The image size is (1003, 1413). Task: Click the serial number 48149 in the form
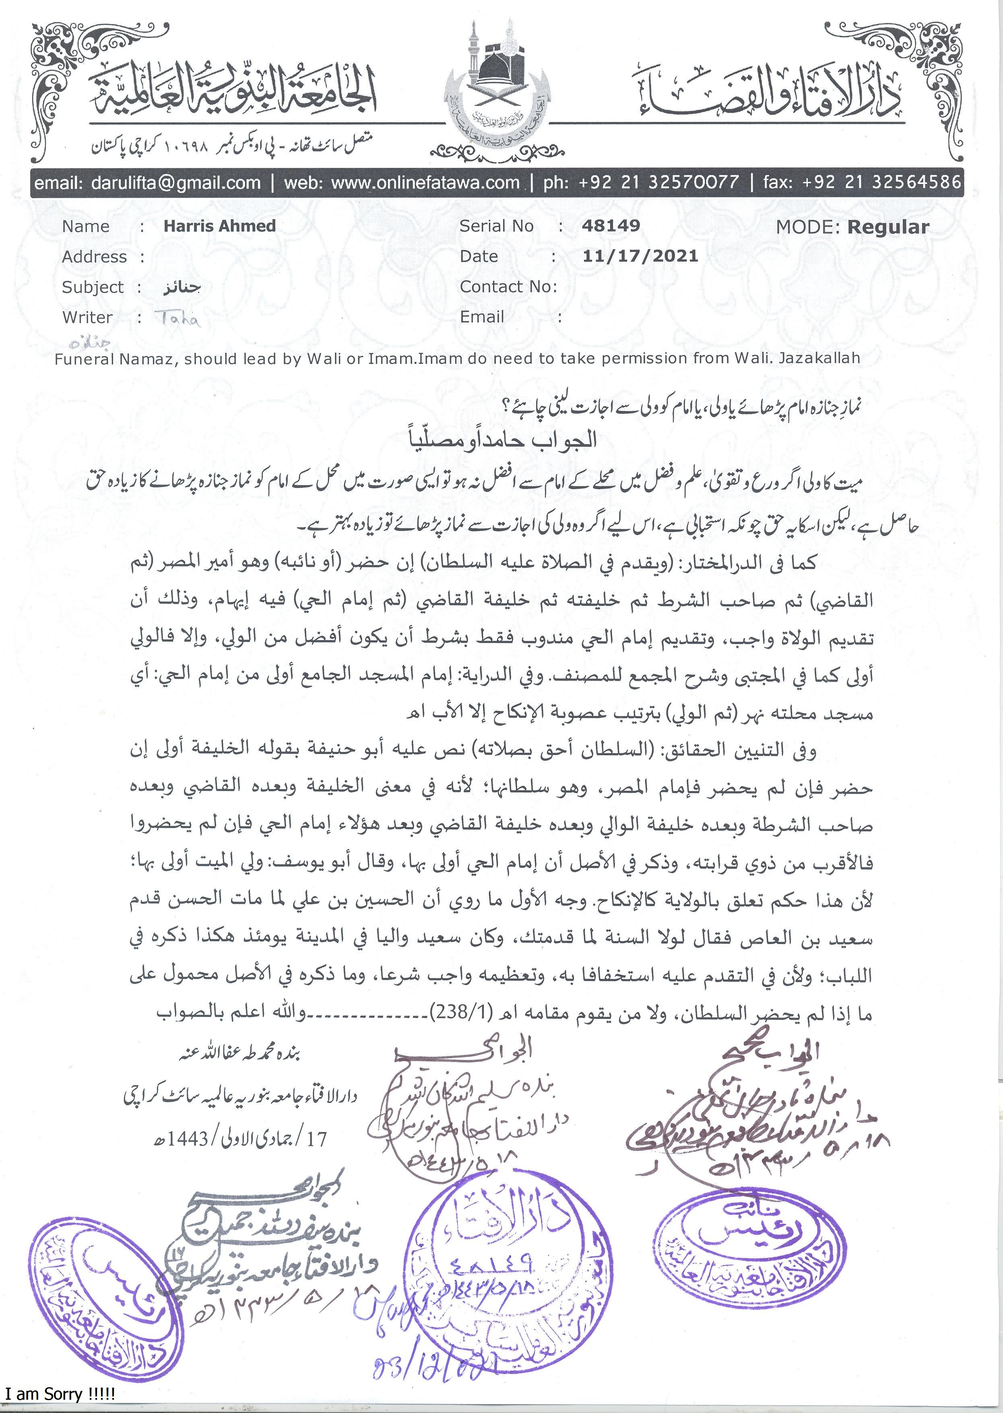point(610,225)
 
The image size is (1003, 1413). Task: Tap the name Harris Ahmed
point(219,225)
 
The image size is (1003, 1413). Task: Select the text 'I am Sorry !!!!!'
point(60,1394)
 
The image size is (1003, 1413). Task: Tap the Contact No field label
point(508,287)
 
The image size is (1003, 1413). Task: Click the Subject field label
point(93,287)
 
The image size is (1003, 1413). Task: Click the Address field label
point(94,256)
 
